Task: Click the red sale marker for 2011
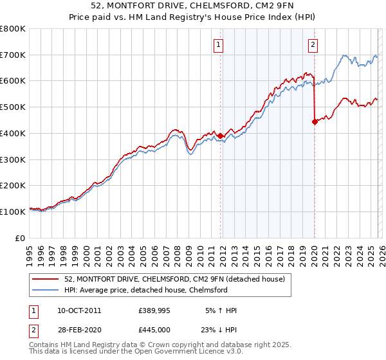pos(220,136)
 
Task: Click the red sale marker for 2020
pos(315,122)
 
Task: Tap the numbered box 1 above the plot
pos(219,45)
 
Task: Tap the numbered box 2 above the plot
pos(313,45)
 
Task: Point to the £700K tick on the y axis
pos(13,55)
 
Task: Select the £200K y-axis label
pos(13,186)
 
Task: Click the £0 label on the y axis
pos(21,238)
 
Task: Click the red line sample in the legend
pos(47,279)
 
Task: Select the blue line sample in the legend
pos(47,290)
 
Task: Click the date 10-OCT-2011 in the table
pos(79,310)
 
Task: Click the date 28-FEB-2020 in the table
pos(79,329)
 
